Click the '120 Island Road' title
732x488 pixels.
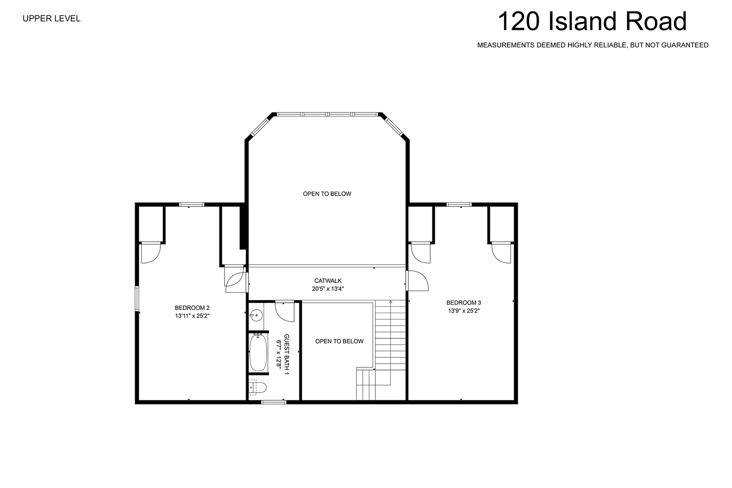click(592, 22)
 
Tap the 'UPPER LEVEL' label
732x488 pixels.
click(52, 19)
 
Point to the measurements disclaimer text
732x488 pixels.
click(593, 45)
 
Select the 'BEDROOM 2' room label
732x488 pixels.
click(192, 308)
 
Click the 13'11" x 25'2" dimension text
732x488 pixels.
click(192, 316)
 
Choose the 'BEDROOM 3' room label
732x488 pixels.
click(464, 303)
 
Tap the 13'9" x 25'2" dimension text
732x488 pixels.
click(464, 311)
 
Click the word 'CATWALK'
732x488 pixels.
click(328, 281)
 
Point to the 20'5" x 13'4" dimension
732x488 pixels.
click(328, 289)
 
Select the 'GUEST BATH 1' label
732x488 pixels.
click(286, 354)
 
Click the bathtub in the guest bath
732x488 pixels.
click(258, 353)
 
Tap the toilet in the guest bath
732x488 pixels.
click(258, 388)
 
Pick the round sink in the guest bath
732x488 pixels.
click(256, 316)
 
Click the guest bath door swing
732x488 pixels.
click(285, 311)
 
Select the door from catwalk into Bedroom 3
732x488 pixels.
click(417, 281)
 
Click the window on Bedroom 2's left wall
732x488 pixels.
click(137, 299)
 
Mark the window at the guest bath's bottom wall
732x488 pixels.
click(274, 402)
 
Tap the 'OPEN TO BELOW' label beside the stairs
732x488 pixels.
click(339, 341)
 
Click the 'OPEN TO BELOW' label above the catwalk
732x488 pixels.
click(327, 194)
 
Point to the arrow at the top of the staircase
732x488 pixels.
click(390, 302)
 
